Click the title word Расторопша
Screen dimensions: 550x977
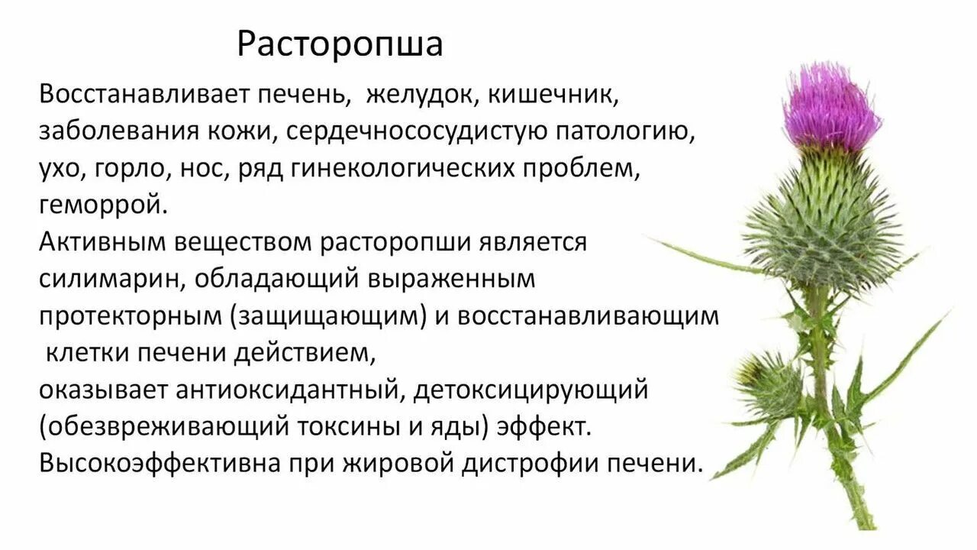[339, 44]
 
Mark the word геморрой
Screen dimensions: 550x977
[102, 205]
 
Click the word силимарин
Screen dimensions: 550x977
[110, 280]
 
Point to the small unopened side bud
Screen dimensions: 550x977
[767, 382]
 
